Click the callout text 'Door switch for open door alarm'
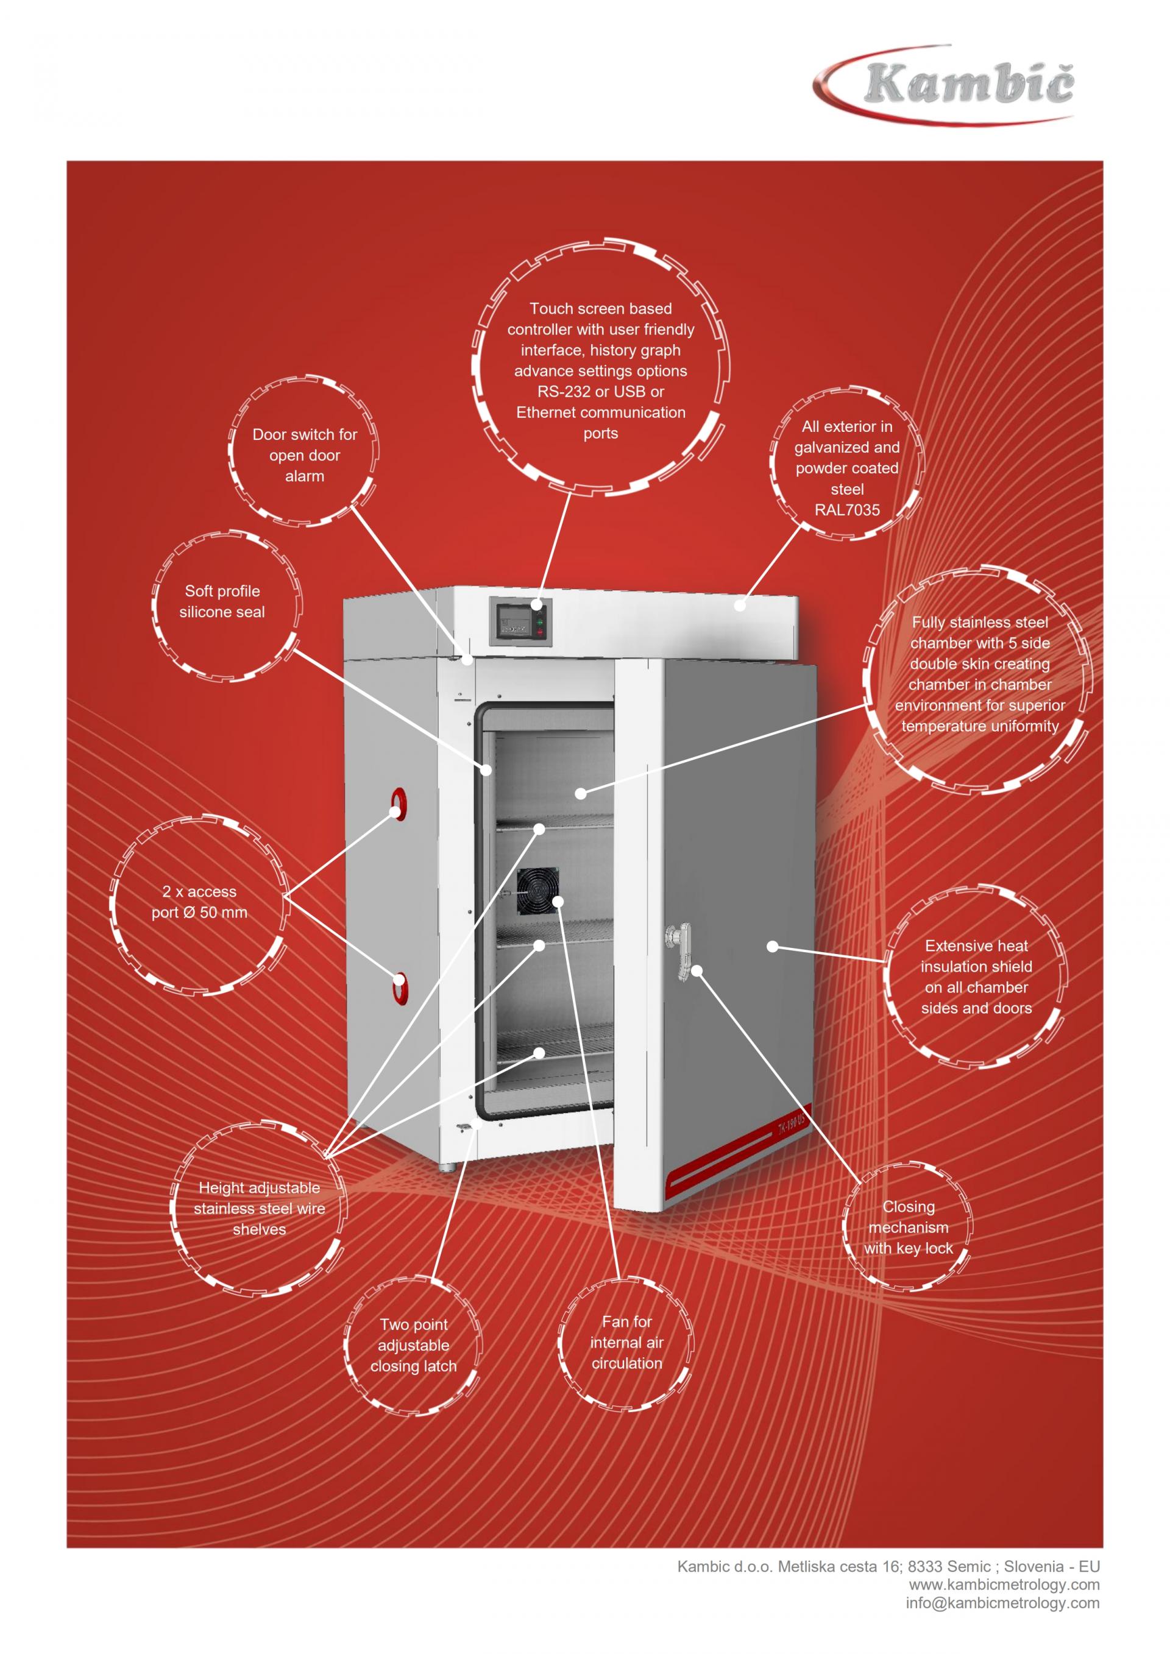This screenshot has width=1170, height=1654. pos(305,455)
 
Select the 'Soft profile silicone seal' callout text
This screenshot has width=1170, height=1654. pos(222,601)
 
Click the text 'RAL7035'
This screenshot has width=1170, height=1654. pos(846,510)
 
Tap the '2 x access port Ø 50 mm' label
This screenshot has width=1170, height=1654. pos(199,902)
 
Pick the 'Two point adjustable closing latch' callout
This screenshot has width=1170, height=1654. pos(414,1345)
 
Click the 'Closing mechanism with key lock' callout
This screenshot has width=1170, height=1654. pos(909,1228)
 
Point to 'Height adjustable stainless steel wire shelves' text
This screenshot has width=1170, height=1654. pos(260,1209)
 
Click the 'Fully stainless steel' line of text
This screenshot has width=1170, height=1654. pos(980,623)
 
